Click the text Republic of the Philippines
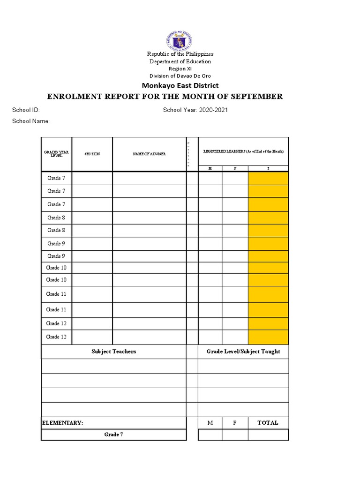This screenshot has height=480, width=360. click(180, 54)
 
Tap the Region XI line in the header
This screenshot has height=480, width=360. click(180, 68)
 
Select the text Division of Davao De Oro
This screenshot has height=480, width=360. click(180, 76)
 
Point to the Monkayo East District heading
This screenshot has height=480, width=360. click(180, 85)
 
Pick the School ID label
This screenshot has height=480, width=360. click(26, 110)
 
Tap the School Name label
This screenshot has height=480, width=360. click(30, 121)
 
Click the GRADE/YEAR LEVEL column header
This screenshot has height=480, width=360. click(56, 154)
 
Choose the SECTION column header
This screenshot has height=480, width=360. click(92, 154)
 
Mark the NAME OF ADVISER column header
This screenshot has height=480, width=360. click(149, 154)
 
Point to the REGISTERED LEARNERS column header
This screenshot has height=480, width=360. click(243, 151)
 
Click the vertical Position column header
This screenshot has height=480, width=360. click(188, 154)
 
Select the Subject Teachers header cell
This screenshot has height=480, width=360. click(113, 352)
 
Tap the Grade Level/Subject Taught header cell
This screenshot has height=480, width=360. click(243, 352)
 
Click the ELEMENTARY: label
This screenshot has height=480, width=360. click(63, 423)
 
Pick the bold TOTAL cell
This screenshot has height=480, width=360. click(268, 423)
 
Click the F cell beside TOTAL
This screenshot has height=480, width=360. click(235, 423)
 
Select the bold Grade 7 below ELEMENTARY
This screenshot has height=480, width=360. click(113, 435)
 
